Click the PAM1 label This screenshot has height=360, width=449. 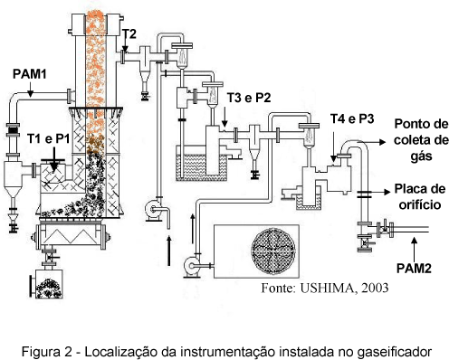coord(30,74)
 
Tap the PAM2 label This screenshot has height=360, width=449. coord(414,268)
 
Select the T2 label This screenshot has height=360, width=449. coord(129,34)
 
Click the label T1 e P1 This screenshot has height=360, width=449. coord(49,139)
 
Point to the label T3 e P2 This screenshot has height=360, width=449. coord(249,98)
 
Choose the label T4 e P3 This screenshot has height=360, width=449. coord(352,118)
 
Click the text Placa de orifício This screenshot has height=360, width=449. coord(420,196)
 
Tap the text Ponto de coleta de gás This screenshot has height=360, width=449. coord(421,140)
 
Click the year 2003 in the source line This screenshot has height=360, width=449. coord(375,288)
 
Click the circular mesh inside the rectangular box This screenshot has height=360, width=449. coord(273,251)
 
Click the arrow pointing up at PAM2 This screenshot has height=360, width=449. coord(414,249)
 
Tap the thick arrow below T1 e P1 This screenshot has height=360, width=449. coord(54,159)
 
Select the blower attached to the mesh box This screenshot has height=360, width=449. coord(192,266)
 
